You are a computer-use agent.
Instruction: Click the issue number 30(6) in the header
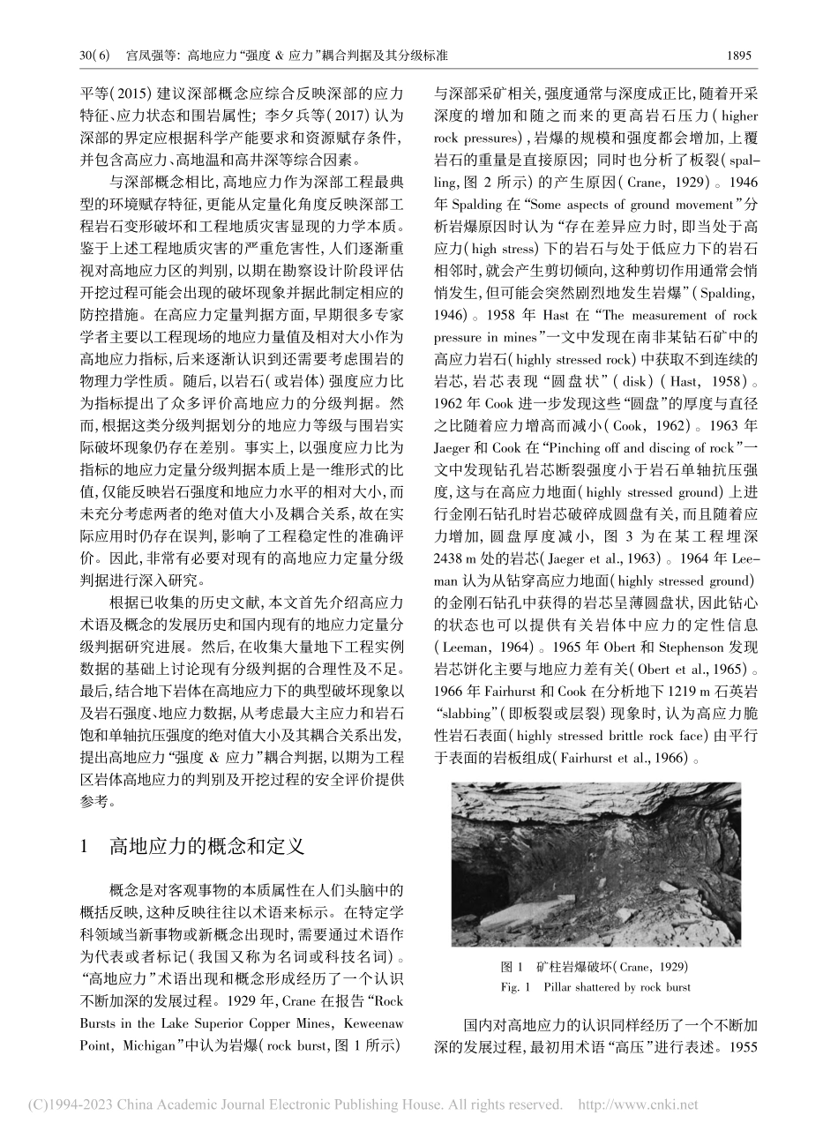[94, 55]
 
